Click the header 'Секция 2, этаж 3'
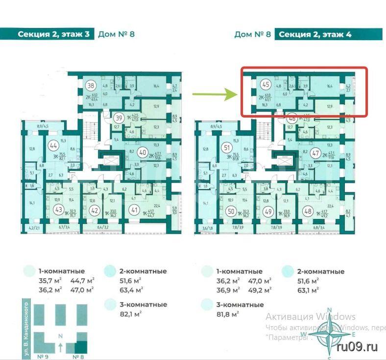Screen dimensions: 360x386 [54, 34]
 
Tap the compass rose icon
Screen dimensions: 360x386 [331, 335]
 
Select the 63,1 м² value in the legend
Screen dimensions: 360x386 [308, 290]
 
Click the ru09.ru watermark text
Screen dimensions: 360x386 [358, 347]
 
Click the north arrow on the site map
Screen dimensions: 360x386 [60, 347]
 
